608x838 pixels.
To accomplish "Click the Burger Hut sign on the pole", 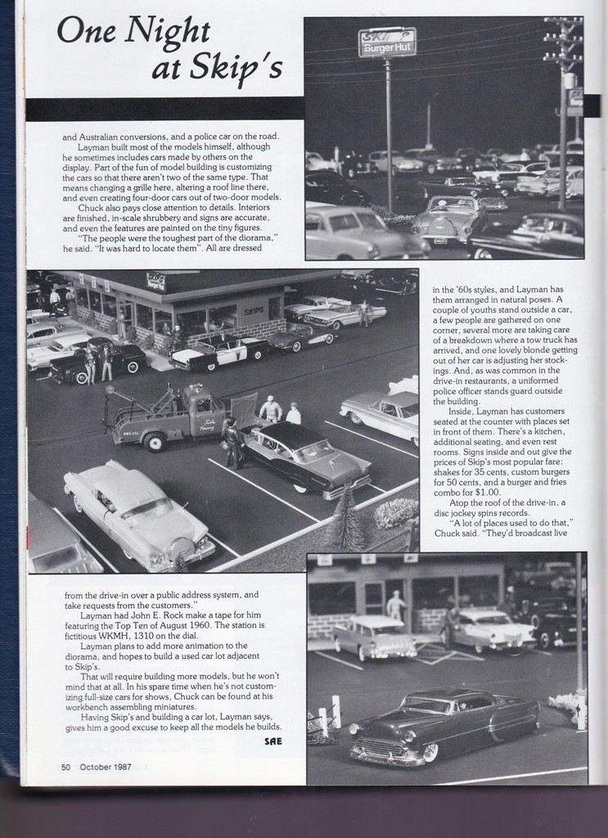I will pos(386,43).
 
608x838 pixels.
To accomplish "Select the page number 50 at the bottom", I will pos(66,767).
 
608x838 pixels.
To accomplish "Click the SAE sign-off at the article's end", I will pos(273,741).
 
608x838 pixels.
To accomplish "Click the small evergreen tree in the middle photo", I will pos(347,517).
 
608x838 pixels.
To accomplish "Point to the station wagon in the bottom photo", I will pos(373,635).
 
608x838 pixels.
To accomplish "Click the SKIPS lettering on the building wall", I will pos(254,312).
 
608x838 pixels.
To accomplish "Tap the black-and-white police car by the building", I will pos(218,349).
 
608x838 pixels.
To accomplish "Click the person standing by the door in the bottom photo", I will pos(396,606).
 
